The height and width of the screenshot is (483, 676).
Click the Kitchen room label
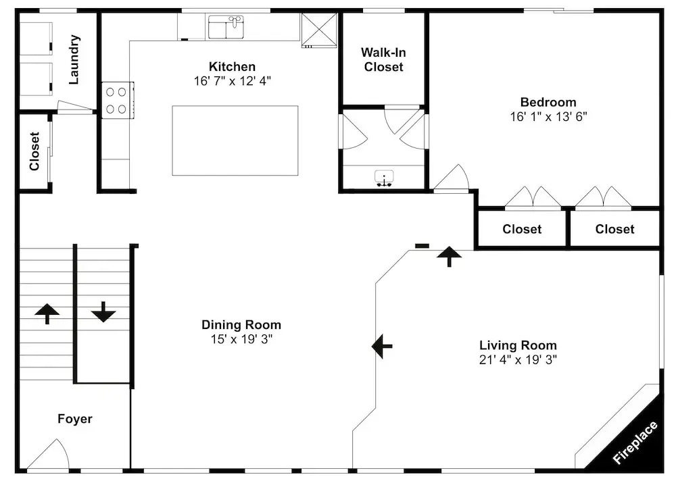(x=232, y=66)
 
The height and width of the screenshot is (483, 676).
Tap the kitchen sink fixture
(x=226, y=27)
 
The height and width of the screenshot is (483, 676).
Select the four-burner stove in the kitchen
(x=117, y=100)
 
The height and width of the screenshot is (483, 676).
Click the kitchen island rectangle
(x=235, y=141)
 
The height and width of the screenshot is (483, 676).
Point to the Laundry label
(x=74, y=59)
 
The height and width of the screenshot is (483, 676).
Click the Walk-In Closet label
(x=383, y=59)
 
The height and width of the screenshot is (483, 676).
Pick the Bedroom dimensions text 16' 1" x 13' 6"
(x=548, y=117)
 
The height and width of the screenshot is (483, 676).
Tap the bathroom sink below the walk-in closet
(x=384, y=178)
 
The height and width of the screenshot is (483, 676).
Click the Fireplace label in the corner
(x=635, y=442)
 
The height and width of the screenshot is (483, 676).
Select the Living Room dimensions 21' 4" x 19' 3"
(x=518, y=359)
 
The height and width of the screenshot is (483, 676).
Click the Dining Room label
(x=241, y=324)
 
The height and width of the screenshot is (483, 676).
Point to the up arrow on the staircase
(x=47, y=313)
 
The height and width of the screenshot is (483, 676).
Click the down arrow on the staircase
(x=103, y=312)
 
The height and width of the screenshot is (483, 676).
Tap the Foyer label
(x=75, y=418)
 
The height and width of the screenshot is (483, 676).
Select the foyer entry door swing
(x=48, y=454)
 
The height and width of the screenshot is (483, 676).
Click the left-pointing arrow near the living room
(x=382, y=346)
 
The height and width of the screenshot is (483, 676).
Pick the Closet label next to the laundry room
(x=34, y=151)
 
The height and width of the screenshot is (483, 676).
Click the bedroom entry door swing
(x=451, y=177)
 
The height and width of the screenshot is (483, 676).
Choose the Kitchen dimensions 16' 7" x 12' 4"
(x=233, y=81)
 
